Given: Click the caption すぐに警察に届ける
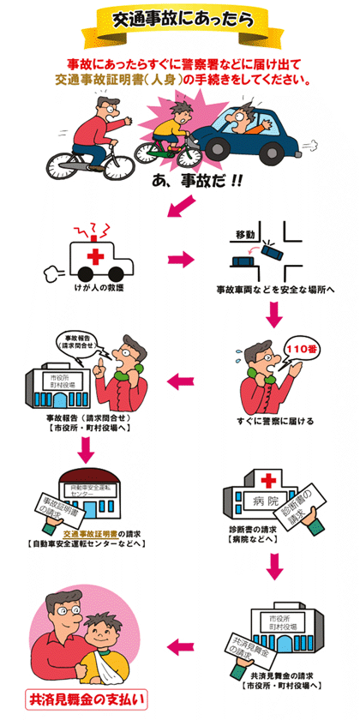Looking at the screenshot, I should click(274, 421).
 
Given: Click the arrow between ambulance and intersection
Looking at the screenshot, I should click(181, 258).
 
